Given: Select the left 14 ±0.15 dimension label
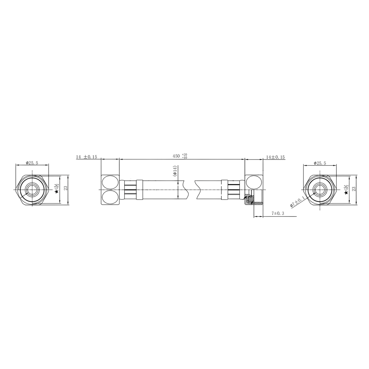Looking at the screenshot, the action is [x=86, y=157].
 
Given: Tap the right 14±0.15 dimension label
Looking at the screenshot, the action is [x=275, y=157].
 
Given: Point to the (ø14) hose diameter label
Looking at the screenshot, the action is [x=174, y=171].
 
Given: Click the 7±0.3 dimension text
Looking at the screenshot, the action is [x=278, y=214].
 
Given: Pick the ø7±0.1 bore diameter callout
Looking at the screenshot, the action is [x=297, y=202].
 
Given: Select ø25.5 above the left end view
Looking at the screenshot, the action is [x=32, y=163].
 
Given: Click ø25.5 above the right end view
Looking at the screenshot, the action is [x=320, y=163].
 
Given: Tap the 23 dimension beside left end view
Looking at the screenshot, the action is [x=66, y=188].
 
